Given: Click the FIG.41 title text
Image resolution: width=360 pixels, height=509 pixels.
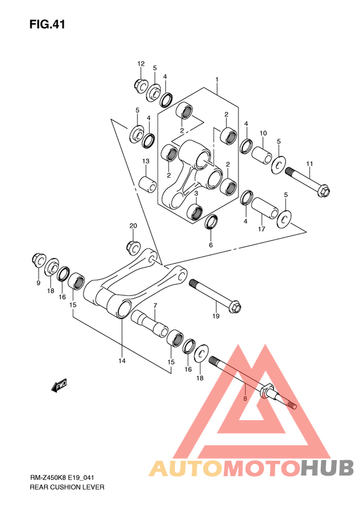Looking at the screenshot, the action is coord(47,24).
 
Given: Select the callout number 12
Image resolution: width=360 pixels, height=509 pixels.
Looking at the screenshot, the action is coord(141,64).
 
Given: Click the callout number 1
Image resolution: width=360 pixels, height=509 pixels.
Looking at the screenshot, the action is coord(217,80).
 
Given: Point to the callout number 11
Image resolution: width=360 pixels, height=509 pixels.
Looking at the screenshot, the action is coord(310,164).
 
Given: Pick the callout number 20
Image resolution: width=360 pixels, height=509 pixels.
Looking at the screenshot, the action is coord(133,226).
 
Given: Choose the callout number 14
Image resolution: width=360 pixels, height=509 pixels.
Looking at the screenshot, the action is coord(122,360).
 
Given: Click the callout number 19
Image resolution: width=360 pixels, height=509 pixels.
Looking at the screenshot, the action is coord(215,316).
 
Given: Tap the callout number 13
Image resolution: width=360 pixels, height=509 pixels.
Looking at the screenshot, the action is coord(146,161).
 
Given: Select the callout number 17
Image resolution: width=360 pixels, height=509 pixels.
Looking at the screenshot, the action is coord(262,229).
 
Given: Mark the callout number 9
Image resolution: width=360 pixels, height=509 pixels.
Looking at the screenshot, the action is coord(39,283).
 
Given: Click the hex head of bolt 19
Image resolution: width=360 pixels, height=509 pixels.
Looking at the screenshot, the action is coord(235,307).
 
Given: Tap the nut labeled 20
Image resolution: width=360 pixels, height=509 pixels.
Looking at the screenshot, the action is coord(133,247).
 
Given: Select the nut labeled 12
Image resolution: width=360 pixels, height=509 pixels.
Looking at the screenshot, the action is coord(141,86).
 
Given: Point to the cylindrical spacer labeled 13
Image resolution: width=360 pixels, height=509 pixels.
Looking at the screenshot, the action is coord(148,184).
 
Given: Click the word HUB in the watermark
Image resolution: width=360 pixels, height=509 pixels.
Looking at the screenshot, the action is coord(327,468).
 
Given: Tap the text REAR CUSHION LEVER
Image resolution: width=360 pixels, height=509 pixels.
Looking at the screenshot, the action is coord(67,487).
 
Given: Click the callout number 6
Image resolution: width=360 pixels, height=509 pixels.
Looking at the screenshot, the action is coord(211,245).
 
